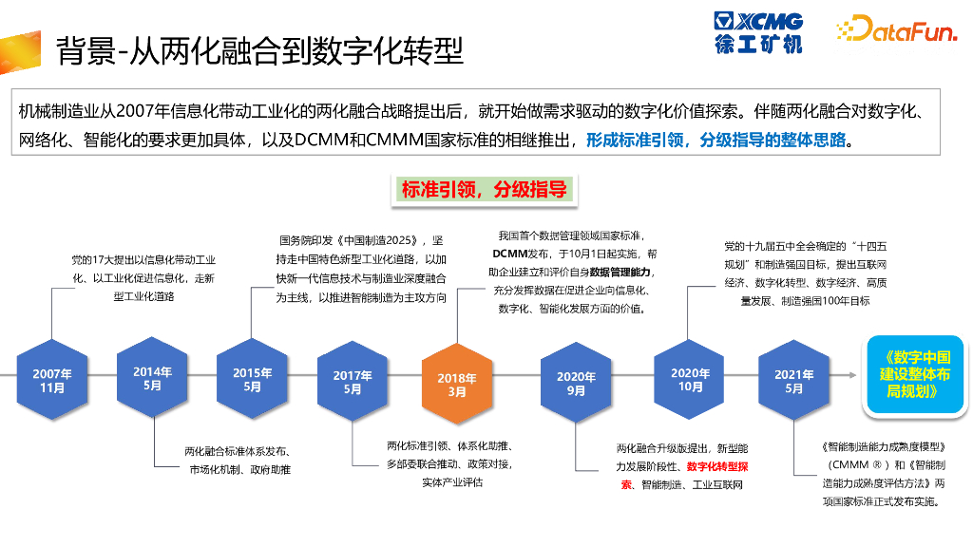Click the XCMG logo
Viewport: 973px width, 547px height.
(x=759, y=32)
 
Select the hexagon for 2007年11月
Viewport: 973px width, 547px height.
(x=52, y=381)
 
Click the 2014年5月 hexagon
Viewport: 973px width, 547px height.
(x=153, y=379)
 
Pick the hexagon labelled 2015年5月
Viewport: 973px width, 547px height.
(x=252, y=380)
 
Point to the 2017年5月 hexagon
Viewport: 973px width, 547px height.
(x=353, y=382)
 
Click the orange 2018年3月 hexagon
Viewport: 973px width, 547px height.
(x=457, y=385)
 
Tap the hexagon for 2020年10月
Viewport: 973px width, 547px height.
(x=690, y=380)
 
